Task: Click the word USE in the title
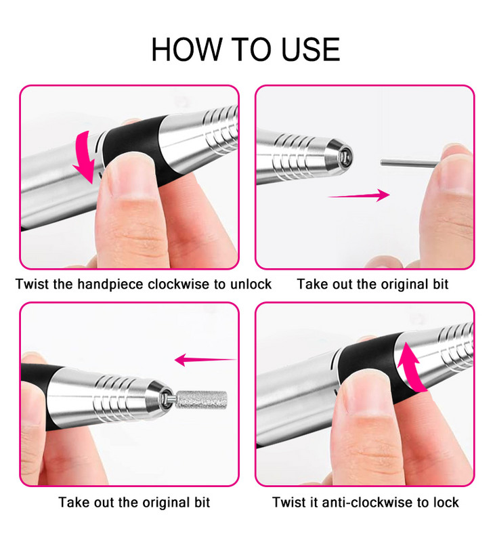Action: click(311, 49)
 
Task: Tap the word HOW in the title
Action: click(187, 49)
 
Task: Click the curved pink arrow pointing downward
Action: click(85, 157)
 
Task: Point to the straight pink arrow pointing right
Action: click(359, 195)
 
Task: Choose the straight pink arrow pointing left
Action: click(206, 360)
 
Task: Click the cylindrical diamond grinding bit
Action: click(201, 400)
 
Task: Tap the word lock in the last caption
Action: click(446, 502)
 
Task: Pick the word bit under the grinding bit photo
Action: click(202, 502)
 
